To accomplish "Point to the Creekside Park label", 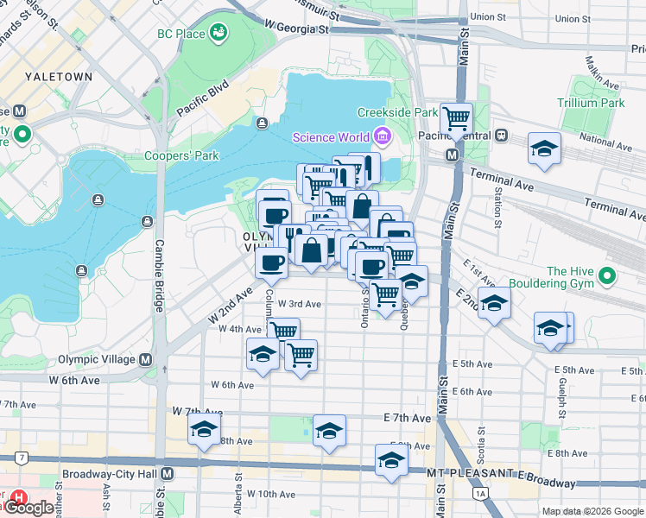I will (398, 112).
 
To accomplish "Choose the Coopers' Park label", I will (182, 155).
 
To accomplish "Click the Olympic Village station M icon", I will (146, 359).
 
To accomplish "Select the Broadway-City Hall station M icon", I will (168, 474).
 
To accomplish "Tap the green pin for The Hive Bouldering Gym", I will (607, 276).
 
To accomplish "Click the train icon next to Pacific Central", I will (500, 136).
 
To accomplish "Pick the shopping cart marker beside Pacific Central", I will (456, 118).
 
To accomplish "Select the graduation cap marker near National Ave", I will (544, 148).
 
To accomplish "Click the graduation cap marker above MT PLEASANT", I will (391, 459).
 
